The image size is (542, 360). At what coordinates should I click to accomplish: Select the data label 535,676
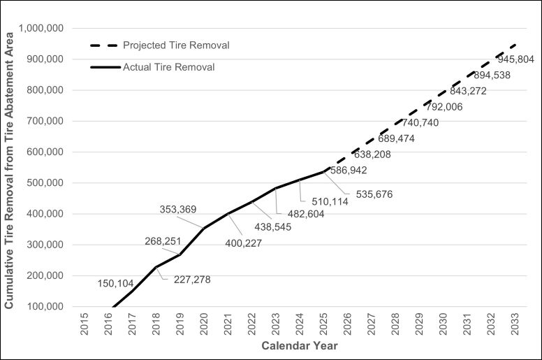(x=374, y=194)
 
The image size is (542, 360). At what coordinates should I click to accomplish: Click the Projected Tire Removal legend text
(x=176, y=45)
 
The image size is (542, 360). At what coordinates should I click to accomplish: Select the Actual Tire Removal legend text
(x=168, y=68)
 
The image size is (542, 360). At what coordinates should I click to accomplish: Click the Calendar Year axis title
(x=300, y=346)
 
